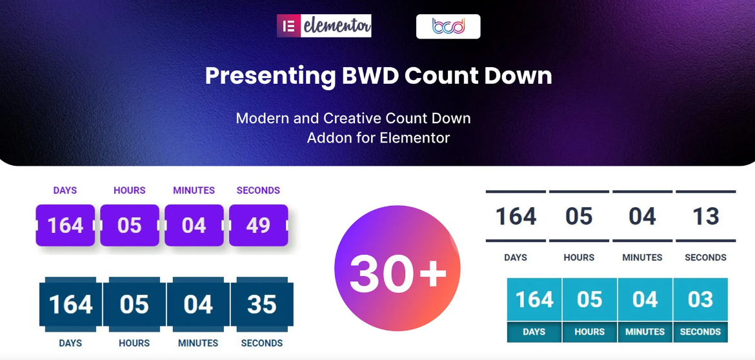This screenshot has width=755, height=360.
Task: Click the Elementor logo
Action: click(x=324, y=26)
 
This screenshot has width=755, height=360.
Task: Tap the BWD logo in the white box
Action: click(x=448, y=26)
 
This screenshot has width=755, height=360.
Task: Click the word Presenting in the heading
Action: click(x=270, y=76)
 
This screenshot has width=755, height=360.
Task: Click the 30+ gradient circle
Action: click(x=398, y=268)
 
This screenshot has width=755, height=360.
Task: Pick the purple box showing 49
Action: click(x=259, y=225)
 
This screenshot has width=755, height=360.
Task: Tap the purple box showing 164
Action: click(x=65, y=225)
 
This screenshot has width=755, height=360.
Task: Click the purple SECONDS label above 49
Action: click(x=258, y=190)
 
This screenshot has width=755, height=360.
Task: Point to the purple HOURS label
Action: click(x=130, y=190)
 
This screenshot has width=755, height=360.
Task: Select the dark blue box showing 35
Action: click(x=262, y=305)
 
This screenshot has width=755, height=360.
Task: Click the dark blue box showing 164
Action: click(x=71, y=305)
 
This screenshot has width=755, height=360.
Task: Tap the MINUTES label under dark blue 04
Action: click(x=198, y=343)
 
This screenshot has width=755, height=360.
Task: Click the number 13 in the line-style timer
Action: click(x=706, y=216)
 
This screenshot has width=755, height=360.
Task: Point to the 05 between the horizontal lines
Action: click(x=579, y=216)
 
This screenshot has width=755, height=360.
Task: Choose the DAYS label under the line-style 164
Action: click(x=516, y=257)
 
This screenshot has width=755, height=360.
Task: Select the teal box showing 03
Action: click(x=701, y=299)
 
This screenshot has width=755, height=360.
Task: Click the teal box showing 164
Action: click(x=534, y=299)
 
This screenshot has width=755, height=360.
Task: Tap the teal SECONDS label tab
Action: click(x=701, y=332)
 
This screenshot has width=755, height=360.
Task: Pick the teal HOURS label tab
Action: click(x=590, y=332)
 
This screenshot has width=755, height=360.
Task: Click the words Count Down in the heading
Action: click(x=478, y=76)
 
